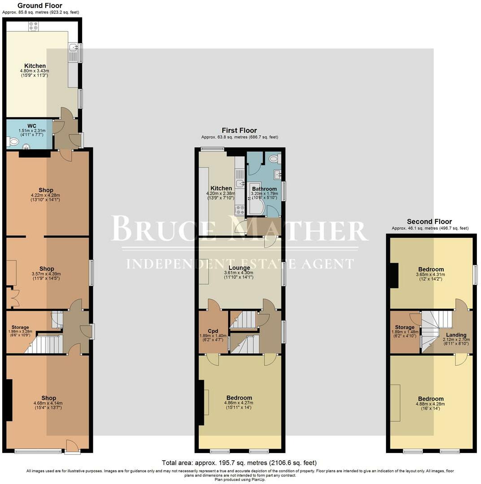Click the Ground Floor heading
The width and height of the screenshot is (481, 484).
pyautogui.click(x=40, y=6)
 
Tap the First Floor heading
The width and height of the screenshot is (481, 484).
pyautogui.click(x=240, y=130)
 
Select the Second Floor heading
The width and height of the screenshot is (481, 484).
pyautogui.click(x=429, y=221)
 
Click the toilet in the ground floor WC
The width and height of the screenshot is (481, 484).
pyautogui.click(x=13, y=142)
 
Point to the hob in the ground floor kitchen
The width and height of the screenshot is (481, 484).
pyautogui.click(x=34, y=26)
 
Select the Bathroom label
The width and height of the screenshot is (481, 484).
pyautogui.click(x=264, y=189)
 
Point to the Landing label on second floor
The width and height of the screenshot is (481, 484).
pyautogui.click(x=456, y=335)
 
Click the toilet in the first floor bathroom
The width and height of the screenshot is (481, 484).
pyautogui.click(x=273, y=158)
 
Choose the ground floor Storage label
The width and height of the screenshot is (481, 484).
pyautogui.click(x=20, y=328)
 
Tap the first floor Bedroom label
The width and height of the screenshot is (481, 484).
pyautogui.click(x=239, y=398)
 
